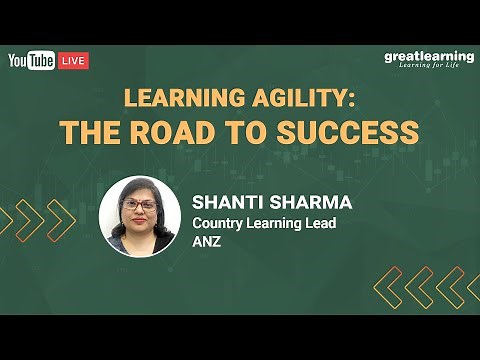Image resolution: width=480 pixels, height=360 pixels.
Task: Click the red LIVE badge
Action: [73, 61]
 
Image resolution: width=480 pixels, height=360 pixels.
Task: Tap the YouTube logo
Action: [31, 61]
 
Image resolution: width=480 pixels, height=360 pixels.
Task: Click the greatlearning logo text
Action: [429, 56]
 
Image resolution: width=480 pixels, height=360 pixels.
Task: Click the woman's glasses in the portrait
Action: [139, 206]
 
